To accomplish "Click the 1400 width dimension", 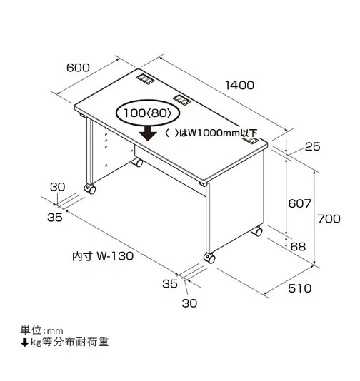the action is pyautogui.click(x=239, y=86).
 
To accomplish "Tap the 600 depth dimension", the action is pyautogui.click(x=78, y=68).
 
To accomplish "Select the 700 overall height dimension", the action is pyautogui.click(x=329, y=219).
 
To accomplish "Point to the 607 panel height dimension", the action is pyautogui.click(x=300, y=203).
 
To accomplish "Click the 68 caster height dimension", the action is pyautogui.click(x=298, y=247).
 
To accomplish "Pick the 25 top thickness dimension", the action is pyautogui.click(x=313, y=146).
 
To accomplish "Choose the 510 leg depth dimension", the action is pyautogui.click(x=300, y=288).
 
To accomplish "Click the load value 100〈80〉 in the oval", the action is pyautogui.click(x=148, y=113).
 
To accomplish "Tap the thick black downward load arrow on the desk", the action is pyautogui.click(x=148, y=133).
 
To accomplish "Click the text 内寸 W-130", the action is pyautogui.click(x=103, y=256).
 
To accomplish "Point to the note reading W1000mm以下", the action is pyautogui.click(x=222, y=133).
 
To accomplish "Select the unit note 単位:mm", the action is pyautogui.click(x=41, y=330).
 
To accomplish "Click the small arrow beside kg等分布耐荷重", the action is pyautogui.click(x=24, y=342).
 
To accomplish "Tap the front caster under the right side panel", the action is pyautogui.click(x=209, y=258).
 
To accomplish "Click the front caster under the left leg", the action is pyautogui.click(x=90, y=189).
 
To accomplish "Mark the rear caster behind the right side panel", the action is pyautogui.click(x=257, y=231).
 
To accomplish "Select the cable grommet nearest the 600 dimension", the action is pyautogui.click(x=145, y=79).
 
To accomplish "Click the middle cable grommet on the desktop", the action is pyautogui.click(x=181, y=99).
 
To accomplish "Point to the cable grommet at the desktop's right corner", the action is pyautogui.click(x=250, y=141).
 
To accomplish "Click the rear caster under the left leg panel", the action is pyautogui.click(x=137, y=162).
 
